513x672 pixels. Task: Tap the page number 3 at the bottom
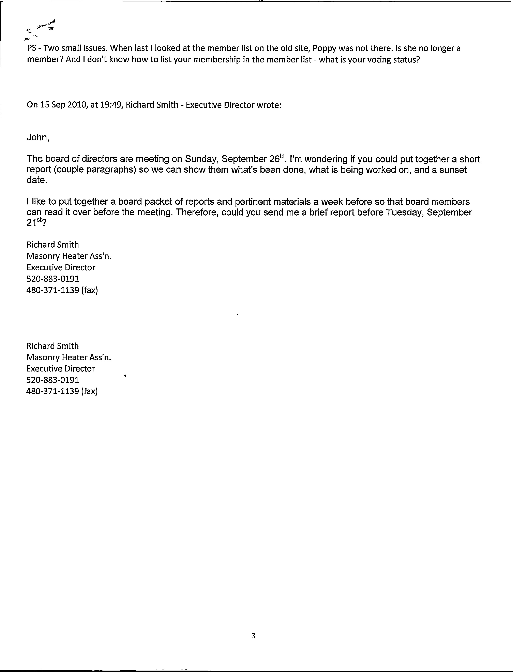tap(253, 636)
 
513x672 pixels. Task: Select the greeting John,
tap(38, 137)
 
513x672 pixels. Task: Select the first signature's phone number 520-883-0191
tap(53, 279)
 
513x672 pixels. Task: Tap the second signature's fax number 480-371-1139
tap(53, 391)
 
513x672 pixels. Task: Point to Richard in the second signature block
tap(39, 346)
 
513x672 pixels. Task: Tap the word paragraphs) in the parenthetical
tap(111, 170)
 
